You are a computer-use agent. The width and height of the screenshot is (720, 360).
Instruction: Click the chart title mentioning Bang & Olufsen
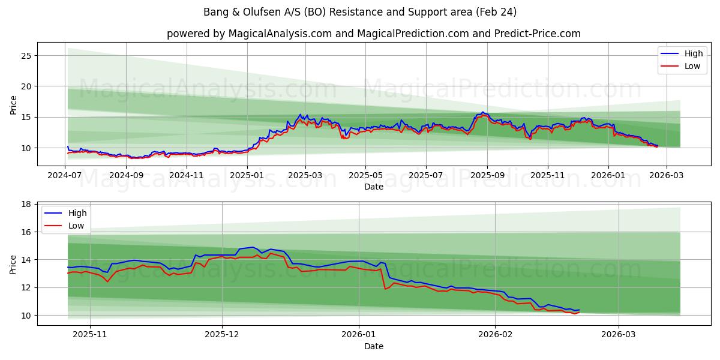tap(360, 12)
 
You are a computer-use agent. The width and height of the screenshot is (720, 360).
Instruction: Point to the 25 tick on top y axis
tap(26, 56)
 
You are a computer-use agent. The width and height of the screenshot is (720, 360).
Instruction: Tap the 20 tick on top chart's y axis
tap(26, 86)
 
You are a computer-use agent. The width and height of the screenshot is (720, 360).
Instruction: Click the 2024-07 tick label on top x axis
tap(64, 175)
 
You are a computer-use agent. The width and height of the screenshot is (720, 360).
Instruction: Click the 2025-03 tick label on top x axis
tap(305, 175)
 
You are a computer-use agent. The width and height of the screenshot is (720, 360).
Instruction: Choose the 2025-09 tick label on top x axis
tap(487, 175)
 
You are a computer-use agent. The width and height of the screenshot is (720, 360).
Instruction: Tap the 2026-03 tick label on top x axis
tap(667, 175)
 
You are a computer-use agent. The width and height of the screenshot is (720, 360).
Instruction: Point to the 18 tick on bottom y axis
tap(26, 204)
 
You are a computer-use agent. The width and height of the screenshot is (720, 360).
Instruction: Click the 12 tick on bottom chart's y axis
tap(26, 287)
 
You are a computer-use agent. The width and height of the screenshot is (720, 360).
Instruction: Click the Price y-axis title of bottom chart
tap(13, 264)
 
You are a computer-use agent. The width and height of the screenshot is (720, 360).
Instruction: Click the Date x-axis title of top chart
tap(373, 187)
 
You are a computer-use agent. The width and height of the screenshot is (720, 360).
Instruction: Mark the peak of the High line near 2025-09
tap(482, 112)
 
